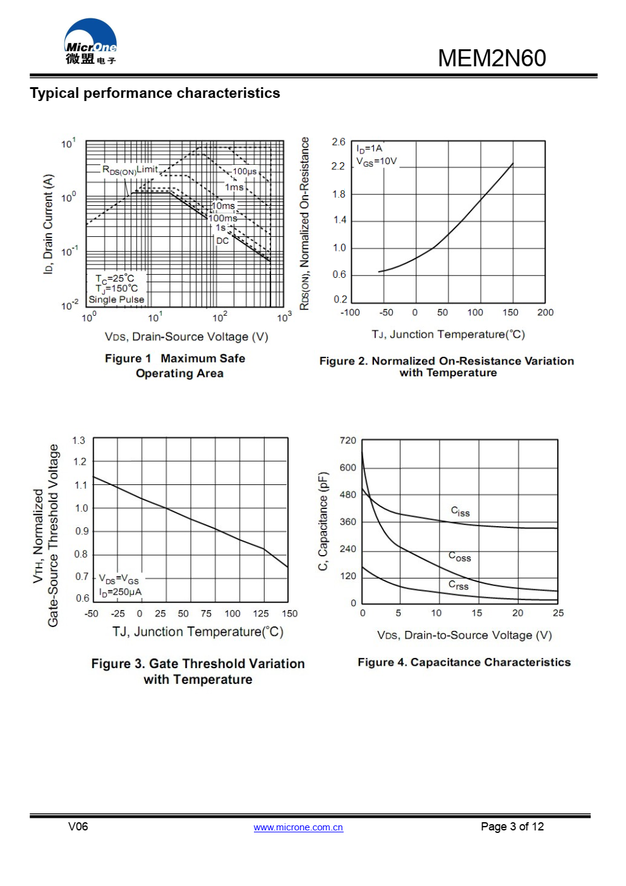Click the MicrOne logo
(90, 42)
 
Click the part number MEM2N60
(491, 58)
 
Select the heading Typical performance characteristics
(155, 93)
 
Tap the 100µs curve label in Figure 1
(244, 171)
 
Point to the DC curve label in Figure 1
(222, 241)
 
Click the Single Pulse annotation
(116, 299)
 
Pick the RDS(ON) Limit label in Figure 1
(130, 169)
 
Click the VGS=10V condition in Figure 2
(376, 162)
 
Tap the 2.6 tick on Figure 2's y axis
(339, 142)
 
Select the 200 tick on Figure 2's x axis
(545, 312)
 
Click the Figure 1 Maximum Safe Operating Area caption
(176, 366)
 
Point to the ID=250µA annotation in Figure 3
(120, 592)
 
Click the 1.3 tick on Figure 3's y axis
(78, 440)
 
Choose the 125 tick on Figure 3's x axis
(261, 613)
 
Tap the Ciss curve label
(460, 511)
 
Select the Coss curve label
(459, 556)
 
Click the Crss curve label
(459, 585)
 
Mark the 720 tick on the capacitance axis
(348, 440)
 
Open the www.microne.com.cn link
(298, 827)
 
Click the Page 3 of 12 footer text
(512, 827)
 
